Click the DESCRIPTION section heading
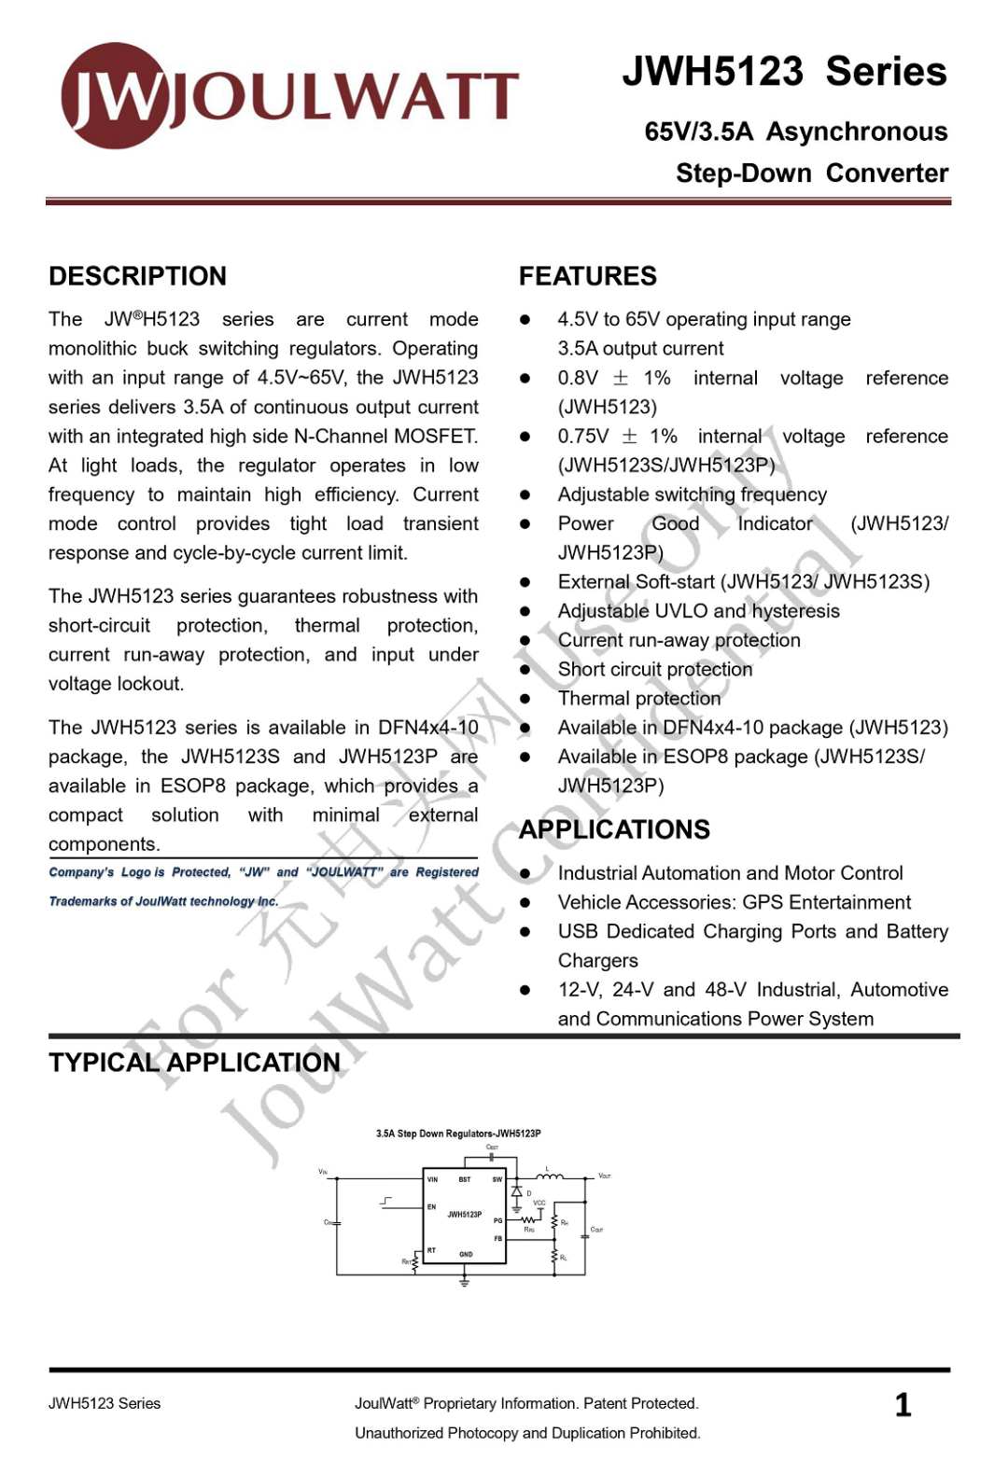pyautogui.click(x=137, y=276)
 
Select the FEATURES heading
pyautogui.click(x=587, y=276)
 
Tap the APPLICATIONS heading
pyautogui.click(x=614, y=829)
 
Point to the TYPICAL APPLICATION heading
pyautogui.click(x=194, y=1063)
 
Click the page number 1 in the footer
pyautogui.click(x=903, y=1405)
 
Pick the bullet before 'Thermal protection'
pyautogui.click(x=525, y=699)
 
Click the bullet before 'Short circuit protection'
pyautogui.click(x=525, y=670)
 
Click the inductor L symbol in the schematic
pyautogui.click(x=549, y=1176)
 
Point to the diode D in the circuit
pyautogui.click(x=516, y=1192)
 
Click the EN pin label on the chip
pyautogui.click(x=431, y=1206)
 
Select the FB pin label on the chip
pyautogui.click(x=497, y=1239)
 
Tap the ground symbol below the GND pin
pyautogui.click(x=464, y=1282)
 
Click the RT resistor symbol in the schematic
pyautogui.click(x=414, y=1261)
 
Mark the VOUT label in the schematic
pyautogui.click(x=604, y=1176)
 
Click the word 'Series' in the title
pyautogui.click(x=886, y=72)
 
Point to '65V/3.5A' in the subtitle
pyautogui.click(x=698, y=132)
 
